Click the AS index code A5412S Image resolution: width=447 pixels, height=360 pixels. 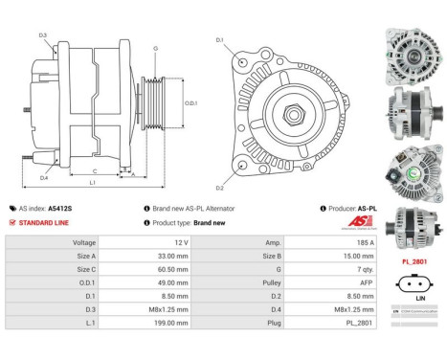point(60,208)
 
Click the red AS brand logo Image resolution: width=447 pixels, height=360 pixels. point(330,221)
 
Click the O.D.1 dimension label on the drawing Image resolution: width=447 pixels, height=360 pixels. point(190,102)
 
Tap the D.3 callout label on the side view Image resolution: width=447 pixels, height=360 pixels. point(42,34)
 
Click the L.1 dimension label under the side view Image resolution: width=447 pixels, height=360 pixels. point(91,182)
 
